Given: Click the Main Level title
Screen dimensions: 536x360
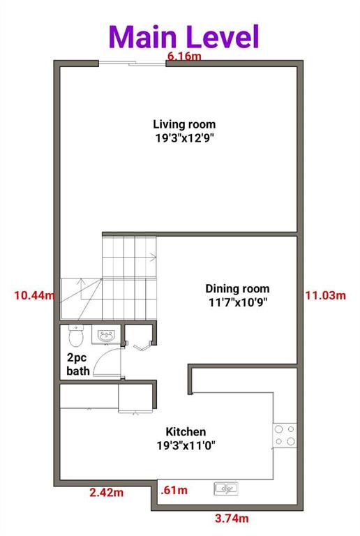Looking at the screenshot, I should coord(183,36).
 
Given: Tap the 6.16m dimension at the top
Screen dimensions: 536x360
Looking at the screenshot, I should coord(183,57).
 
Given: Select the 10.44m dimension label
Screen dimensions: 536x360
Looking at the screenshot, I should coord(33,295).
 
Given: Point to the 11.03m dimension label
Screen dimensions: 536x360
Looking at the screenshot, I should coord(325,295).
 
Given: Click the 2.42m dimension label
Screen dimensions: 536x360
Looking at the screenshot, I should coord(107,493).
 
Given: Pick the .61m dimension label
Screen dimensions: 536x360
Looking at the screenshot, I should coord(174,490).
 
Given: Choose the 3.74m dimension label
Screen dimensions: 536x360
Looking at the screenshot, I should coord(231,518).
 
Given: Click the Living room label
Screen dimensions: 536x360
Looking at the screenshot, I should coord(184,124).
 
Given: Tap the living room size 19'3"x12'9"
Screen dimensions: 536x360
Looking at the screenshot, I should coord(184,138).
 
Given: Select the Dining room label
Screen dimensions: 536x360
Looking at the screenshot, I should coord(237,288).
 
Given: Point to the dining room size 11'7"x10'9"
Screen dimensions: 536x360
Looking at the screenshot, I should coord(237,302).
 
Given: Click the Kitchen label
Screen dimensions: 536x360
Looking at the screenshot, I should coord(185,432).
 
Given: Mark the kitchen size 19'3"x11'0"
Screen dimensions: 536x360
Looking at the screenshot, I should coord(185,446).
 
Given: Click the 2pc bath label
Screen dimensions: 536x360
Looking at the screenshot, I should coord(77,365).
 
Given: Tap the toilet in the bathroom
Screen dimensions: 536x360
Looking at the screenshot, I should coord(77,336).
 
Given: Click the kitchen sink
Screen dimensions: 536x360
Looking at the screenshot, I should coord(227,488).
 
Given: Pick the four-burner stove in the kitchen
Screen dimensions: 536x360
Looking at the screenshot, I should coord(284,435).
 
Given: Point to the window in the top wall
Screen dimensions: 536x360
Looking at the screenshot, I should coord(132,64).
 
